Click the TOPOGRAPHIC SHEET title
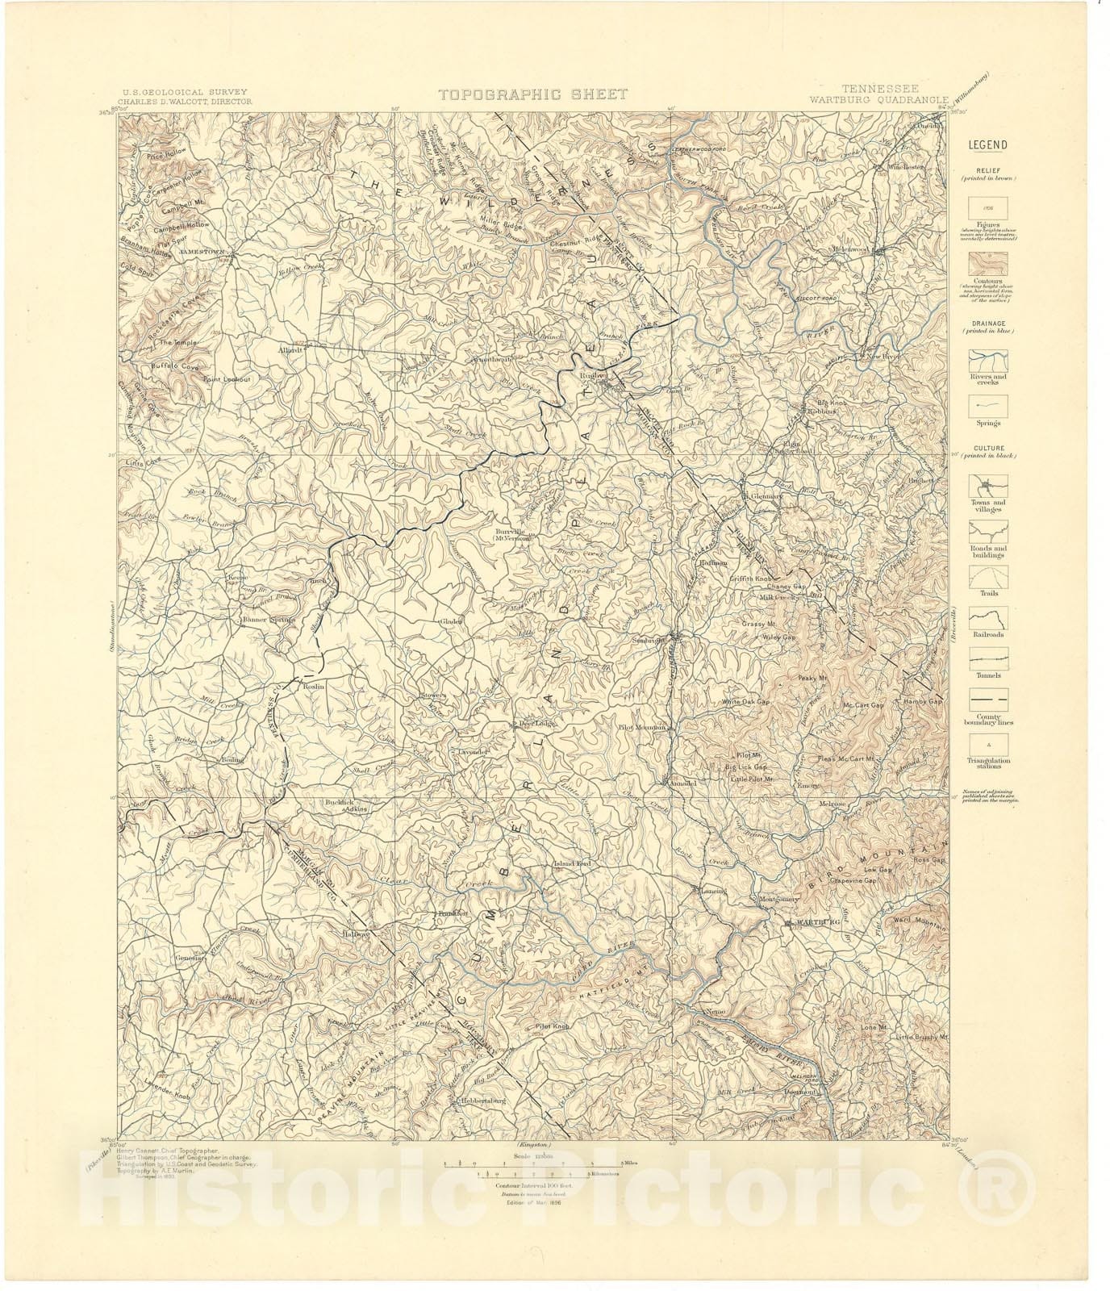(532, 94)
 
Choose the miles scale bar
(528, 1164)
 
